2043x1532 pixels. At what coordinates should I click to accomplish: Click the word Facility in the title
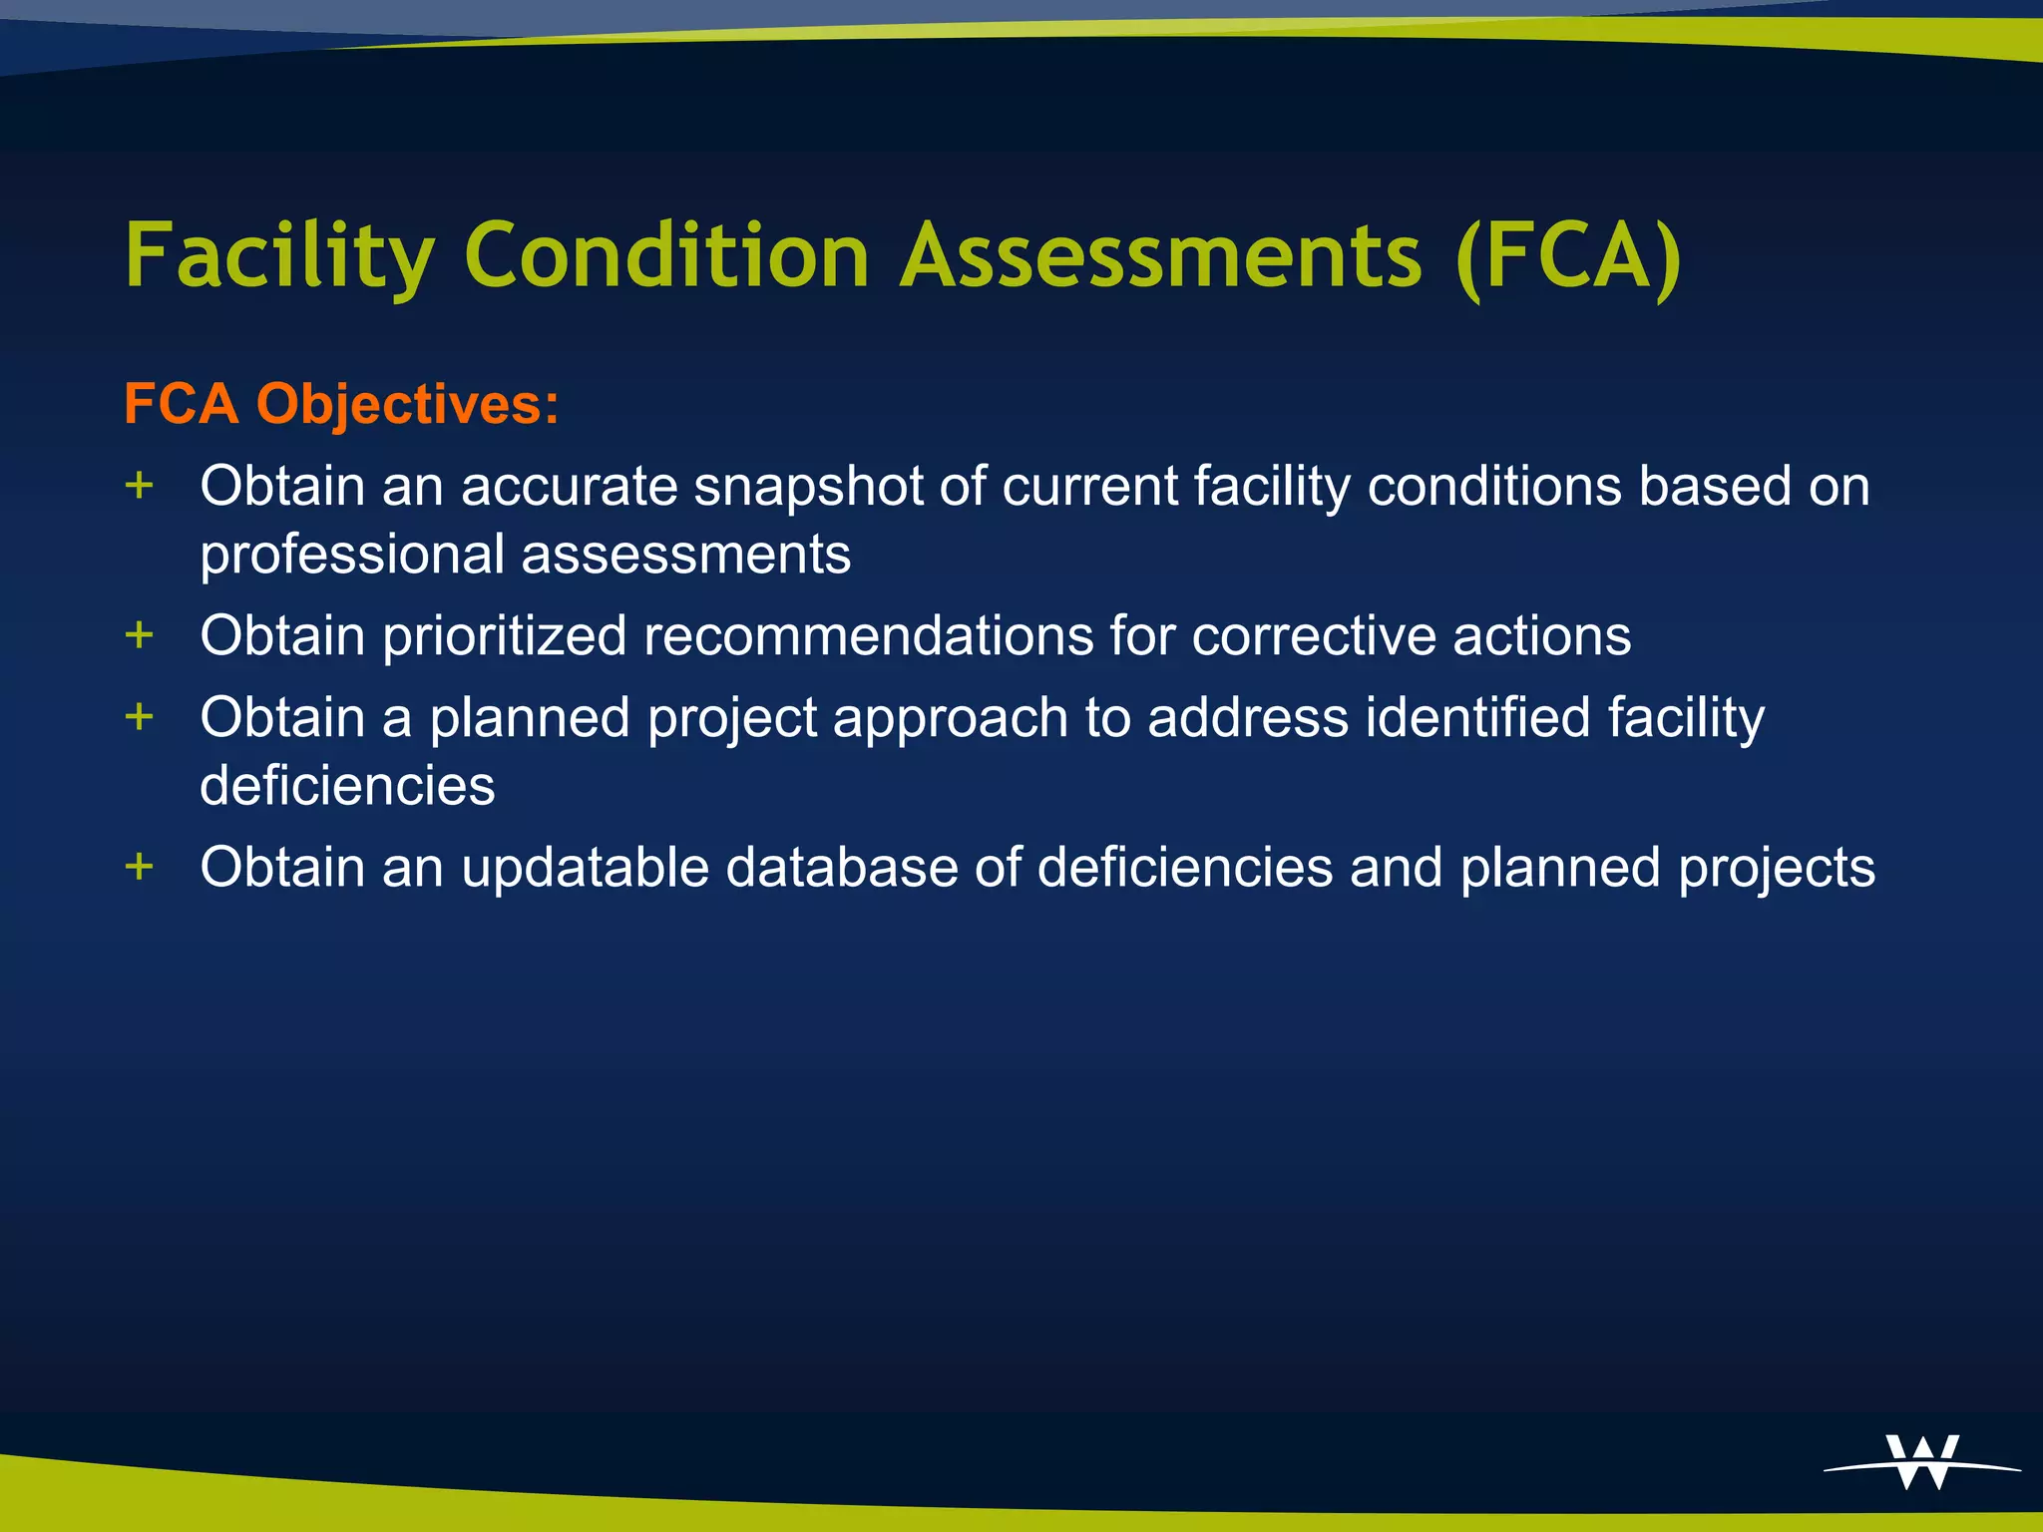280,256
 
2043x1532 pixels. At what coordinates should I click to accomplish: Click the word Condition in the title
667,256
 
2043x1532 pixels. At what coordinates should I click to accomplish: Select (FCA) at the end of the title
1568,256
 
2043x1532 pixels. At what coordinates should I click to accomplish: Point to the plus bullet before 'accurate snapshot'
140,486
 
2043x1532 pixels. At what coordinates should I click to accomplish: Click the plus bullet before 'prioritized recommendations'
140,634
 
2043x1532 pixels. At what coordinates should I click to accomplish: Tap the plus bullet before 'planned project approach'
140,716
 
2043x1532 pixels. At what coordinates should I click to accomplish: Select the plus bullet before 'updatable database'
140,866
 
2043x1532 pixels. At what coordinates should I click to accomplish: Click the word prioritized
505,636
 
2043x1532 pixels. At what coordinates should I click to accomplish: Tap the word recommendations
868,636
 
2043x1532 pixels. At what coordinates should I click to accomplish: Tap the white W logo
1922,1462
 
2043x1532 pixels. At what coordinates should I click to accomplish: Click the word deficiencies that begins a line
347,786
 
